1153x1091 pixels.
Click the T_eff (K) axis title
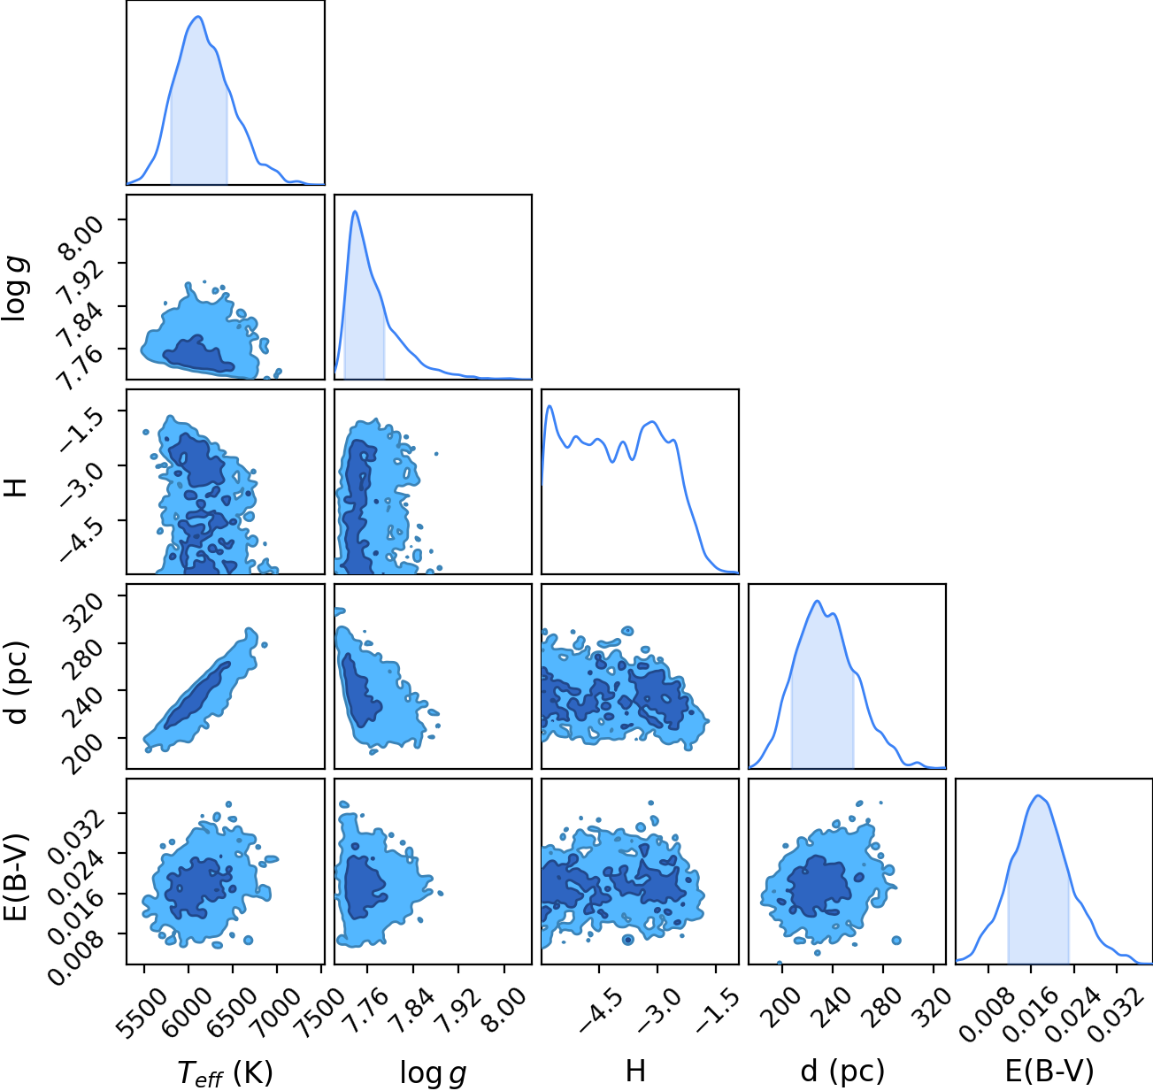[x=226, y=1072]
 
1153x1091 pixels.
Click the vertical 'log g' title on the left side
[x=15, y=288]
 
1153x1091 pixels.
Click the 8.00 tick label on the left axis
[x=81, y=236]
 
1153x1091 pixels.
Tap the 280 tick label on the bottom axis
[x=885, y=1005]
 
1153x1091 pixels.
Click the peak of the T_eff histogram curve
[x=198, y=17]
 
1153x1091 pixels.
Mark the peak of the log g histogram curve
[x=355, y=211]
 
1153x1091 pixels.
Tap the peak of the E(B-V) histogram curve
[x=1038, y=796]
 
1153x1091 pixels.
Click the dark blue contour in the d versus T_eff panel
[x=197, y=695]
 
